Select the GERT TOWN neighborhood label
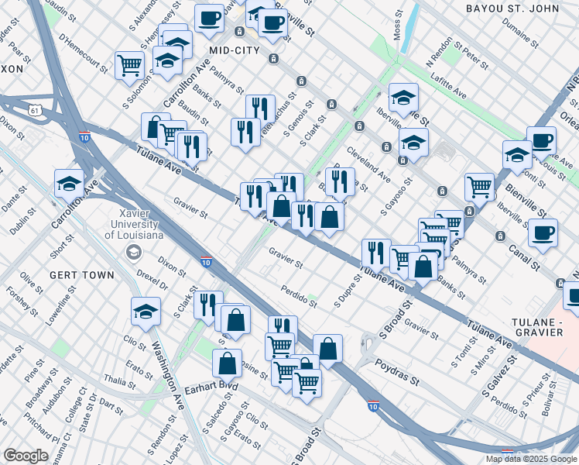point(81,274)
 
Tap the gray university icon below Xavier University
point(135,252)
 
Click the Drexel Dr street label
point(153,281)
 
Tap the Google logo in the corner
point(25,456)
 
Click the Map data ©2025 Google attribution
point(530,459)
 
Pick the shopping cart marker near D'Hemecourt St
point(129,64)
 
